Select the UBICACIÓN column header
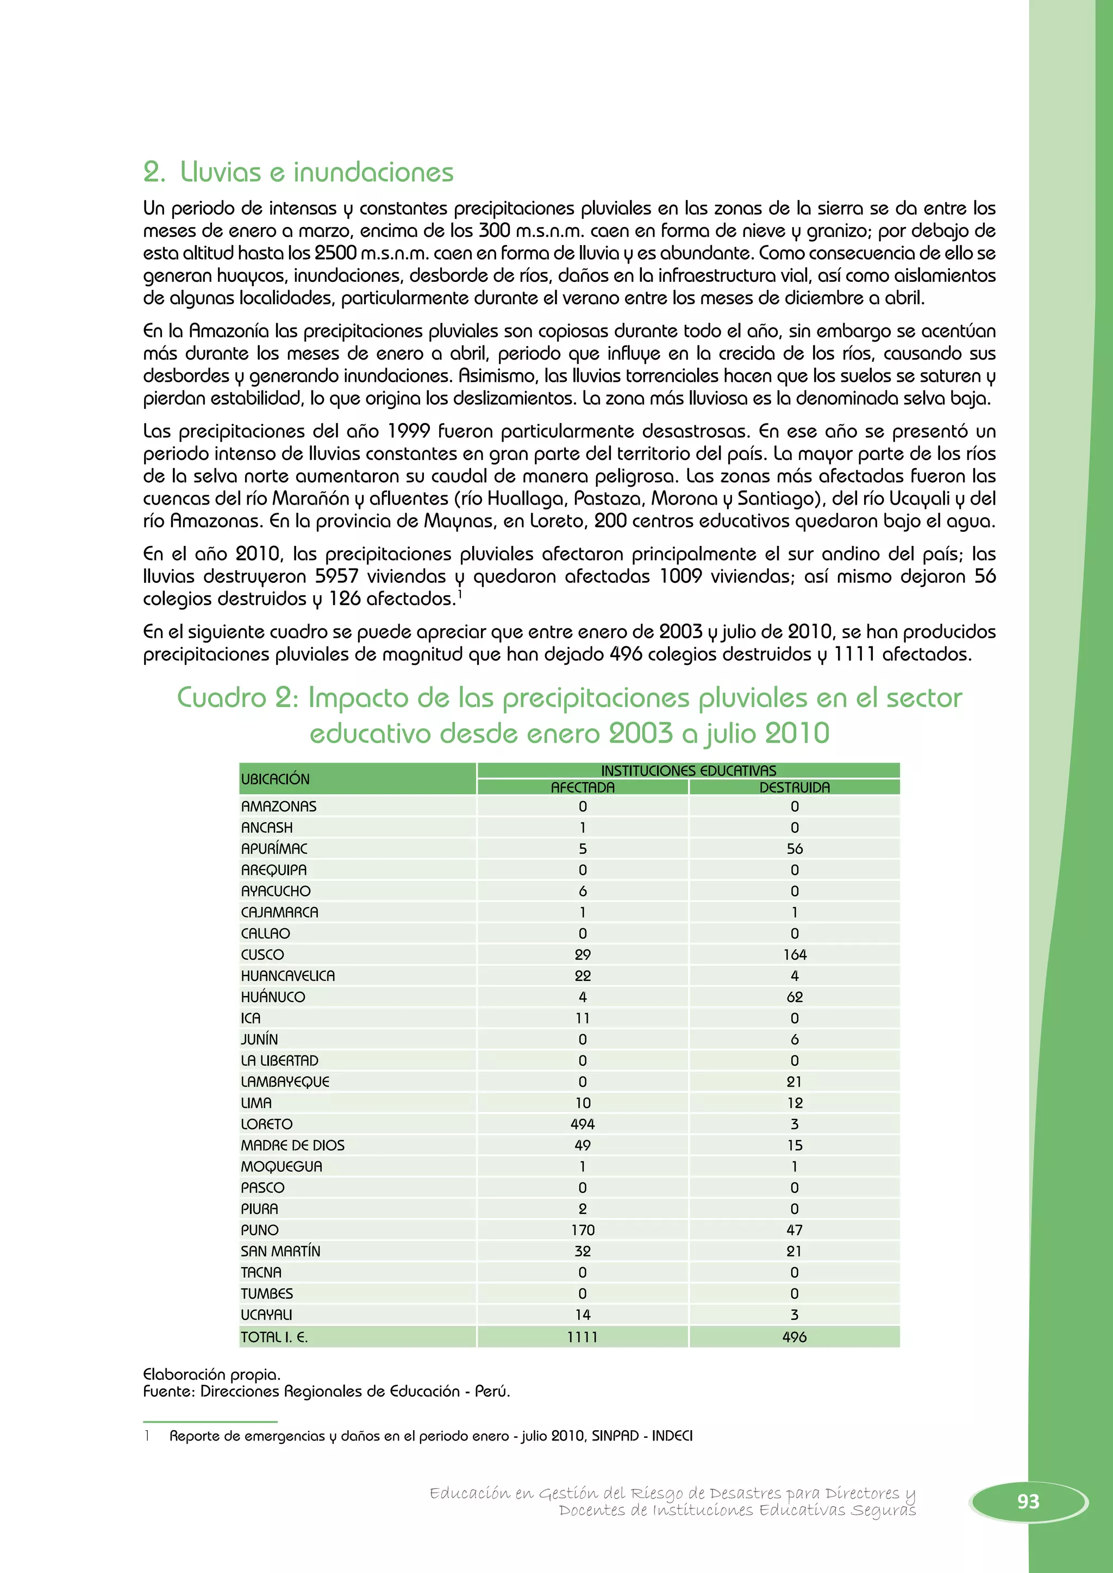275,779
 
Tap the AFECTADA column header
582,787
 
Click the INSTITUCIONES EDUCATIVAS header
688,770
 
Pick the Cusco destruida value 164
795,954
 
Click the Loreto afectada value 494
582,1124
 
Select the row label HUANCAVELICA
288,976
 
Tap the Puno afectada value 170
583,1230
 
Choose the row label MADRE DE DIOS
292,1145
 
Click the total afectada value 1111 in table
582,1337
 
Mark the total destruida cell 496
795,1337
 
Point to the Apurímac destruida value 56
795,849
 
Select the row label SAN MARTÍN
280,1251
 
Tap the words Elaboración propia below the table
211,1374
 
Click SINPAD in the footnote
615,1435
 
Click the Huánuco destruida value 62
795,997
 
